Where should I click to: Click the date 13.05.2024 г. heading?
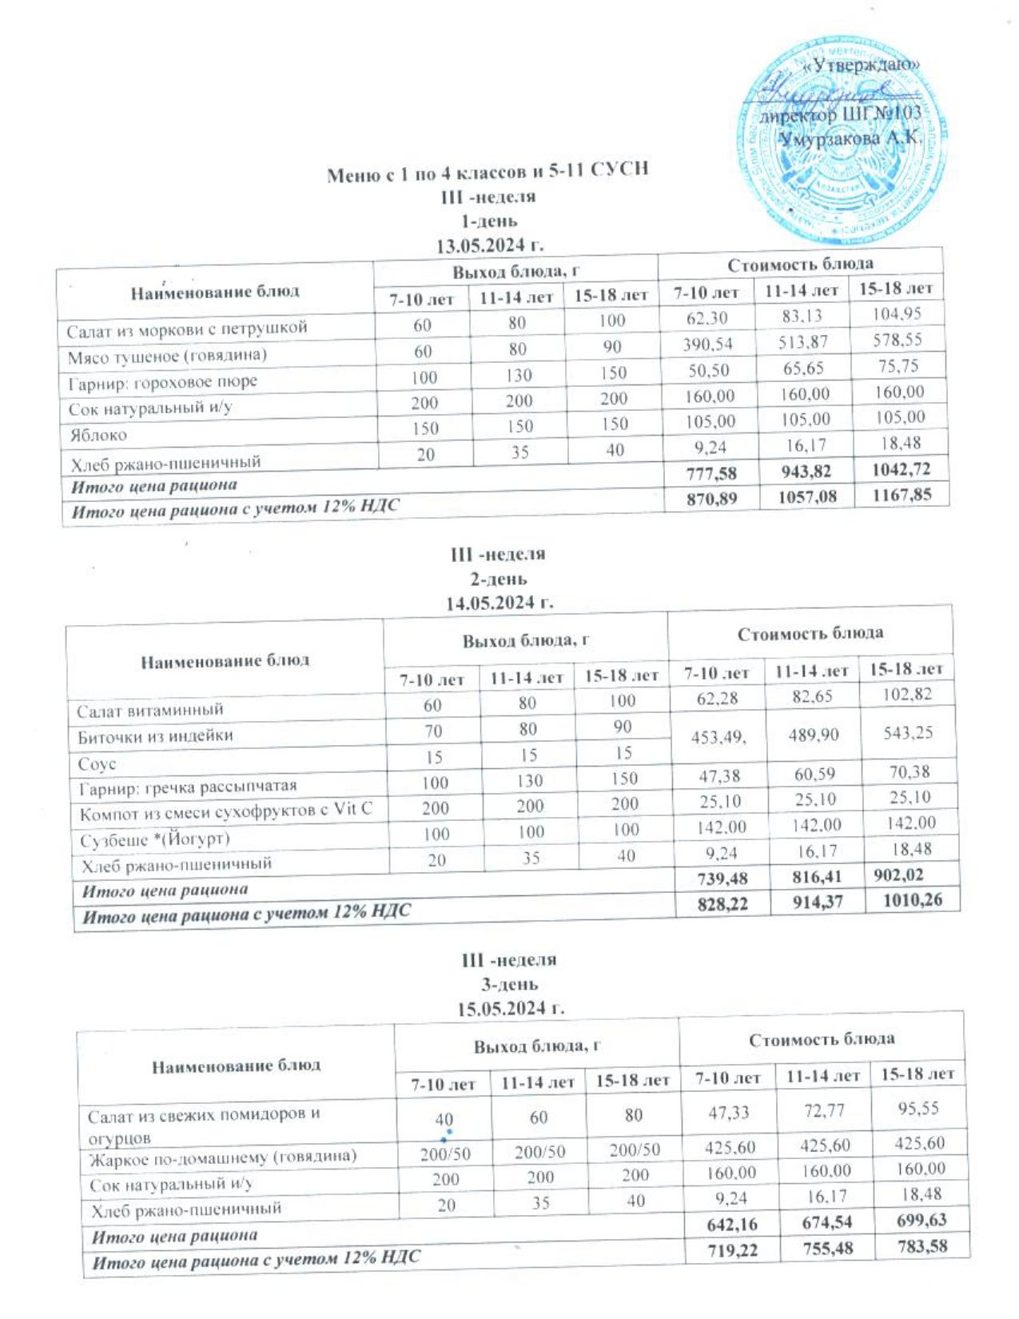click(489, 245)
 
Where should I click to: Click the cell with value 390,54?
click(708, 345)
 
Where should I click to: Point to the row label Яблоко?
click(97, 436)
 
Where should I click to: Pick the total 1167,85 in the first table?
click(902, 495)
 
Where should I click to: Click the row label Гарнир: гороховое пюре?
click(162, 382)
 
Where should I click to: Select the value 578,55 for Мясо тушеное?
click(898, 340)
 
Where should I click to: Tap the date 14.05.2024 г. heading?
click(500, 604)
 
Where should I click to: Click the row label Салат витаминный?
click(150, 710)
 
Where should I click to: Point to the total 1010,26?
click(912, 900)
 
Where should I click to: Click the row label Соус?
click(97, 764)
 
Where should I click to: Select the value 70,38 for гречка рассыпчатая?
click(910, 772)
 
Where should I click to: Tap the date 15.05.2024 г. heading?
click(511, 1009)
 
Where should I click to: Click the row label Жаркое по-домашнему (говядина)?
click(223, 1157)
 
